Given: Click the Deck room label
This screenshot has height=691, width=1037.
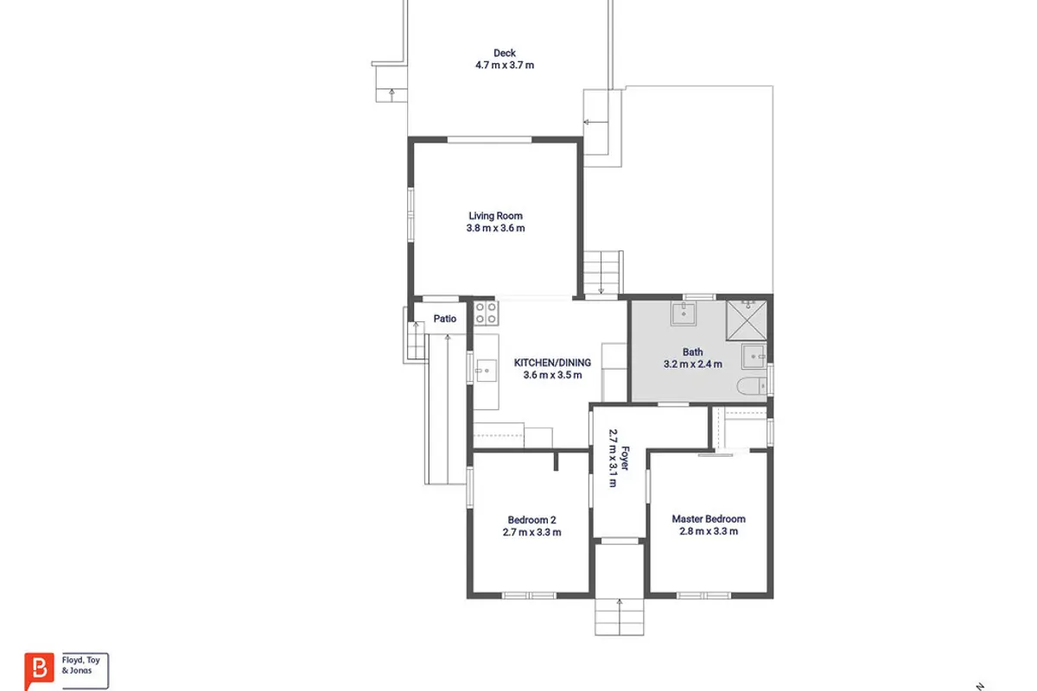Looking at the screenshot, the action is [x=504, y=54].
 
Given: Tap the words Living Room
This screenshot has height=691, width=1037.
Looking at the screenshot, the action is [x=495, y=216].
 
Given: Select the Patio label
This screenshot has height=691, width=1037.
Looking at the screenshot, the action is [x=445, y=319].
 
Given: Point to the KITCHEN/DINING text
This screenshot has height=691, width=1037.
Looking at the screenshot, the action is [x=552, y=363].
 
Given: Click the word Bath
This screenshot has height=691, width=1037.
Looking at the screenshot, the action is [x=692, y=352].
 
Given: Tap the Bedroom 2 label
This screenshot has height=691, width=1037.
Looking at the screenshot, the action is [x=532, y=520].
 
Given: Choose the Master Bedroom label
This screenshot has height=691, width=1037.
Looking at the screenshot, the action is [x=709, y=519].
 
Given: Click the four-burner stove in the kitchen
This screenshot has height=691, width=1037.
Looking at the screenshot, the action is [x=486, y=313].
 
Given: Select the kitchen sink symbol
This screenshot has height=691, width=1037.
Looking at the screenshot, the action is [x=486, y=371].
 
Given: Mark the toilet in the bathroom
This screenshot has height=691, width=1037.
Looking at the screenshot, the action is [x=751, y=386].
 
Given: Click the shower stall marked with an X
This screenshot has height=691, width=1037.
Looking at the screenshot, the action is [x=747, y=320].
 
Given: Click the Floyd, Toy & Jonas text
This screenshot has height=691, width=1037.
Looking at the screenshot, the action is [x=80, y=665].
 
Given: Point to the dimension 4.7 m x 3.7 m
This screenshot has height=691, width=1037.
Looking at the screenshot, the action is [x=505, y=66].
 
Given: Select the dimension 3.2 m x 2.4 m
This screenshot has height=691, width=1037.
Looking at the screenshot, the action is [x=692, y=365].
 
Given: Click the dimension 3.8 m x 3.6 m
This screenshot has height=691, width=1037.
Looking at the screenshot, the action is [x=495, y=228].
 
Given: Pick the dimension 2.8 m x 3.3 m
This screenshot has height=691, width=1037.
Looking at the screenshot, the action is [x=709, y=531].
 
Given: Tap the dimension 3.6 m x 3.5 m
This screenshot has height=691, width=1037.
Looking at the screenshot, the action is [x=552, y=375].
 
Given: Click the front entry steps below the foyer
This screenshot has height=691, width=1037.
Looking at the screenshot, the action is [x=619, y=617].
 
